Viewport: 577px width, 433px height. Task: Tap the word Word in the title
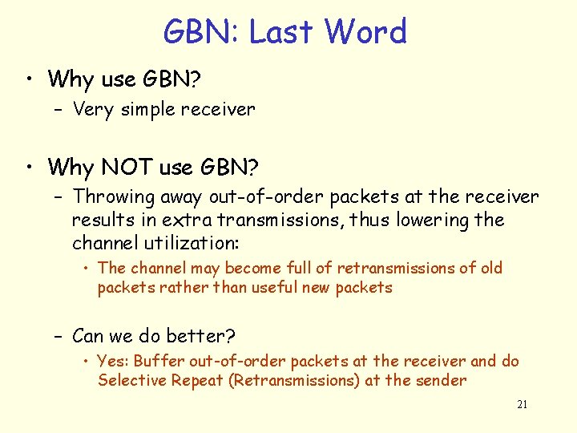click(366, 32)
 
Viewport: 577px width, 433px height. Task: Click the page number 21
click(522, 405)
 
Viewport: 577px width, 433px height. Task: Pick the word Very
click(93, 109)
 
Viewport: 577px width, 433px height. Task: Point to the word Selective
click(128, 380)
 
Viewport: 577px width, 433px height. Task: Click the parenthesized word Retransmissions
click(294, 380)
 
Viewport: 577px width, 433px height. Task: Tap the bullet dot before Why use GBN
click(30, 79)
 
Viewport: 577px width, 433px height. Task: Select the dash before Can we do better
click(59, 335)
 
